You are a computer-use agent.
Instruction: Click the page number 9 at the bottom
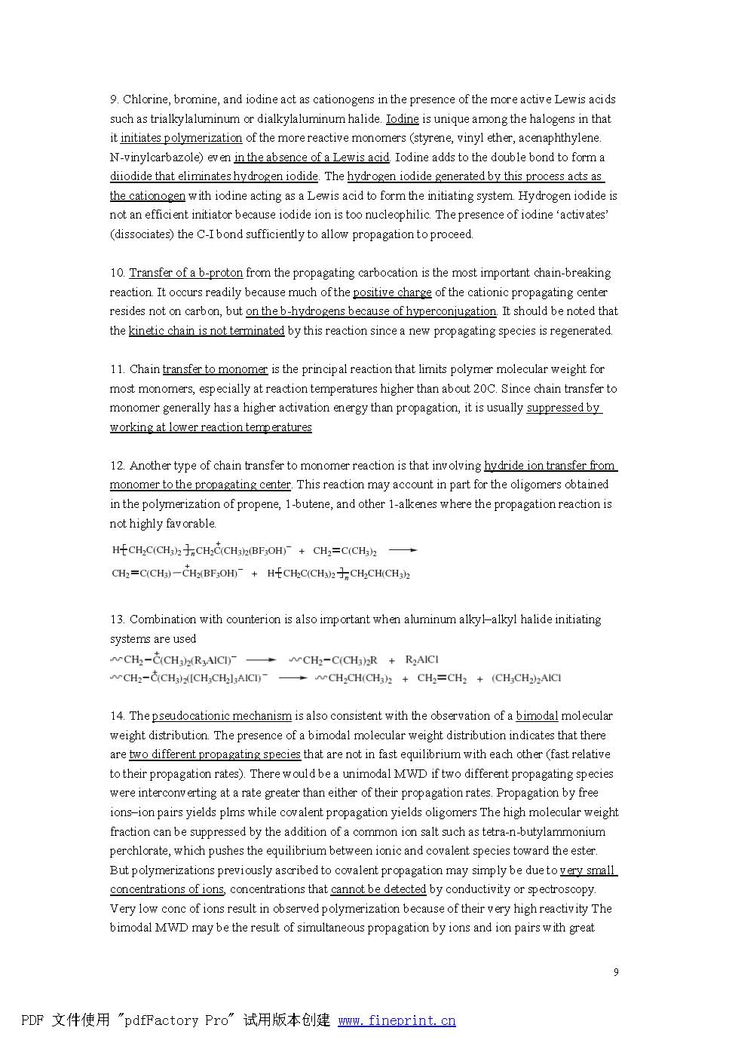pyautogui.click(x=616, y=972)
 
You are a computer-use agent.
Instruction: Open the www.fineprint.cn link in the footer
pyautogui.click(x=397, y=1020)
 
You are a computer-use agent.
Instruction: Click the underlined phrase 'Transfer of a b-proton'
pyautogui.click(x=185, y=273)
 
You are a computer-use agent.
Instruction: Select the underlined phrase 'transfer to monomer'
pyautogui.click(x=215, y=369)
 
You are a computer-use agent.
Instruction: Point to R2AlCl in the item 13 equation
pyautogui.click(x=421, y=660)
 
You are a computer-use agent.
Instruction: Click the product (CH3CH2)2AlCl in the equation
pyautogui.click(x=526, y=678)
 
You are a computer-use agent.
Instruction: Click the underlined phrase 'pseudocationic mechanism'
pyautogui.click(x=222, y=716)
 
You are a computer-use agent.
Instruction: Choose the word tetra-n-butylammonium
pyautogui.click(x=544, y=832)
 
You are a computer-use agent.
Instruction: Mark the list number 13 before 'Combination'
pyautogui.click(x=117, y=619)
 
